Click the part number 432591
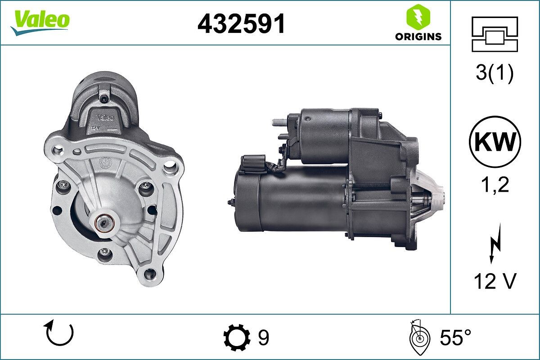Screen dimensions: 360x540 (x=241, y=23)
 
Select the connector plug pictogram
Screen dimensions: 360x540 (x=495, y=34)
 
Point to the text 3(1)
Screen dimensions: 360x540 (x=495, y=73)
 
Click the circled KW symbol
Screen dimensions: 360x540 (x=495, y=142)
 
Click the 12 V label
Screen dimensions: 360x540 (x=495, y=282)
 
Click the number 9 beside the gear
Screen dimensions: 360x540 (x=264, y=337)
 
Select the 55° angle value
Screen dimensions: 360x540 (x=455, y=337)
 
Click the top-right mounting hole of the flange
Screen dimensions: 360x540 (x=170, y=168)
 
